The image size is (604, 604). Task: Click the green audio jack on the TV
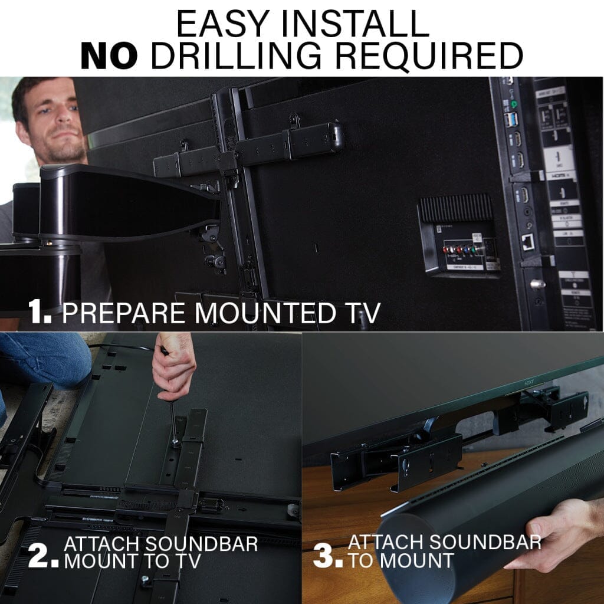(514, 104)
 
